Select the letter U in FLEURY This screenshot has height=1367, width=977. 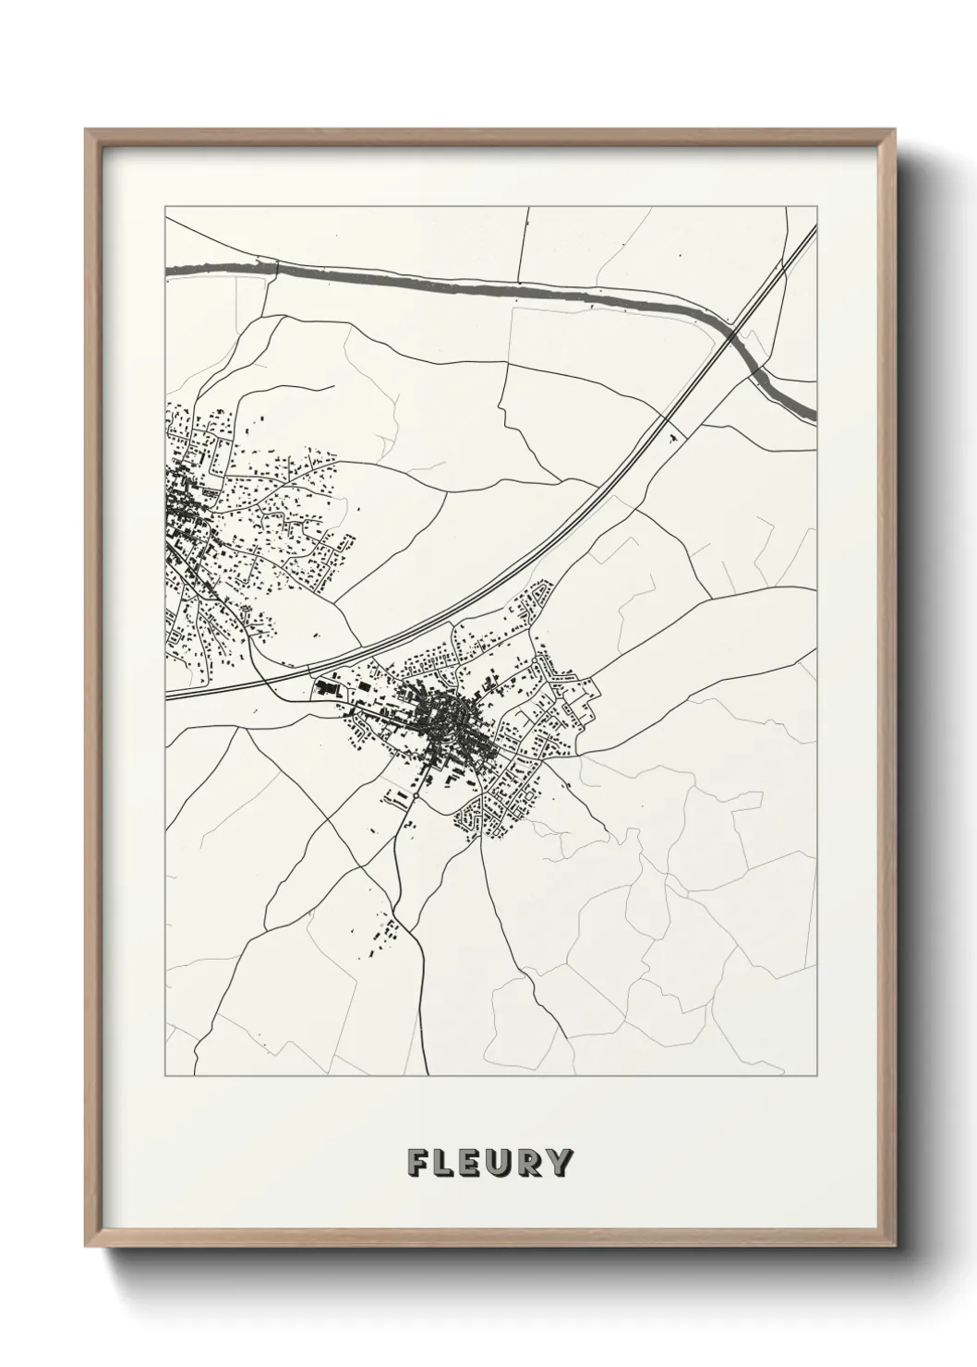[x=502, y=1163]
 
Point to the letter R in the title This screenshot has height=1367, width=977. [x=531, y=1163]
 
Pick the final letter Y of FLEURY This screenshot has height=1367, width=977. [x=560, y=1163]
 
